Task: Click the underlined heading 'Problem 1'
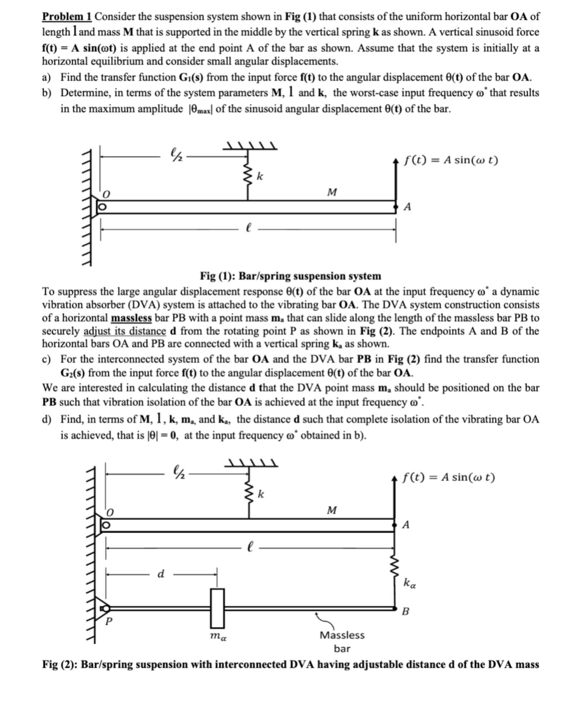click(x=67, y=16)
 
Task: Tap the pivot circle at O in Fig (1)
click(x=103, y=207)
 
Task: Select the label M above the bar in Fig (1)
click(x=332, y=192)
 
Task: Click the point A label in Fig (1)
click(x=407, y=207)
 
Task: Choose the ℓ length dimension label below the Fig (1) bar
click(x=248, y=229)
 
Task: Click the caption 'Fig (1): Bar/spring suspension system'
click(x=290, y=276)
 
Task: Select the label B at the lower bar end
click(x=405, y=612)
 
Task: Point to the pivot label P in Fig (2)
click(x=109, y=622)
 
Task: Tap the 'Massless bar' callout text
click(x=342, y=641)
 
